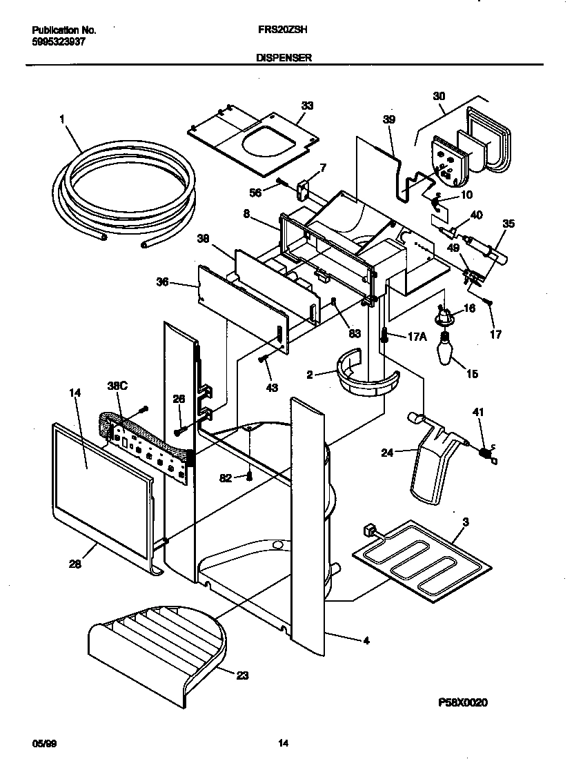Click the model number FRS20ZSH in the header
[283, 31]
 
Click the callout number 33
[307, 105]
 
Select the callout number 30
[439, 96]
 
